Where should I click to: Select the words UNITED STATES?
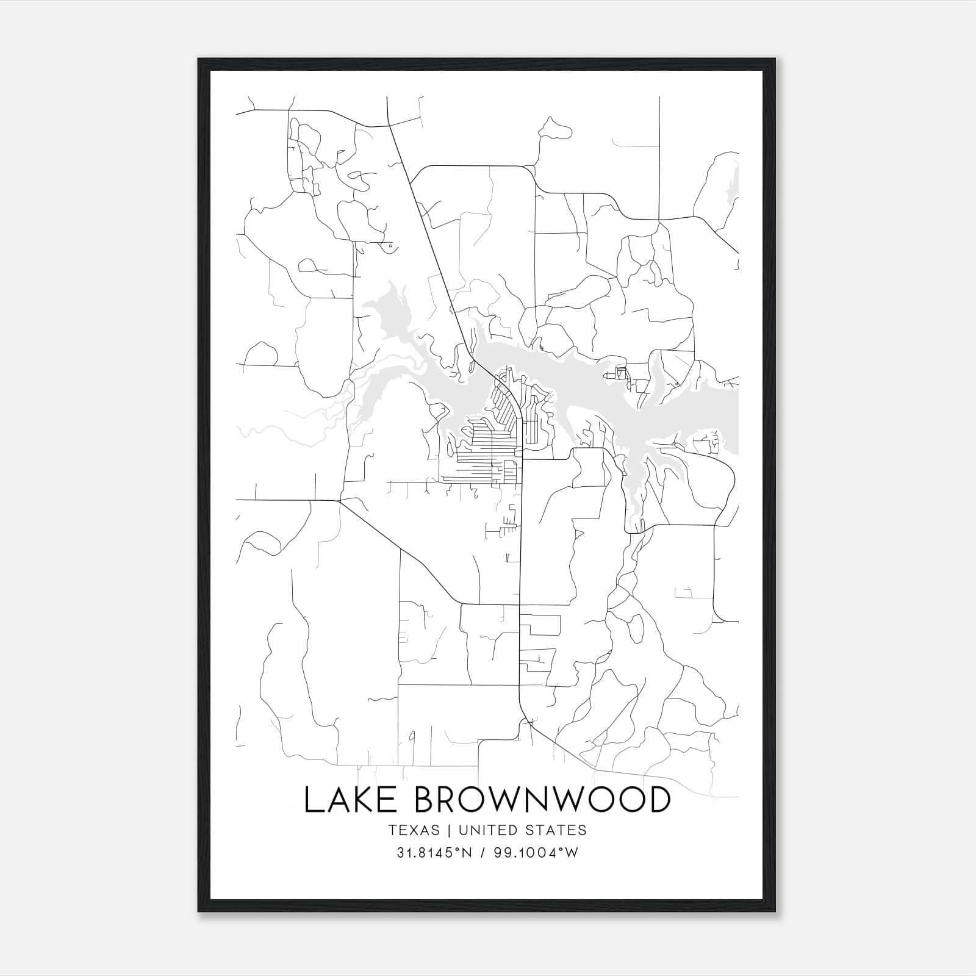click(x=522, y=830)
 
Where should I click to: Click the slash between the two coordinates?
click(x=482, y=853)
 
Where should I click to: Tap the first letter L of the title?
click(x=312, y=800)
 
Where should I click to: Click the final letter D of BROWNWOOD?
click(x=658, y=800)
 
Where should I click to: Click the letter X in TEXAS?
click(x=413, y=830)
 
